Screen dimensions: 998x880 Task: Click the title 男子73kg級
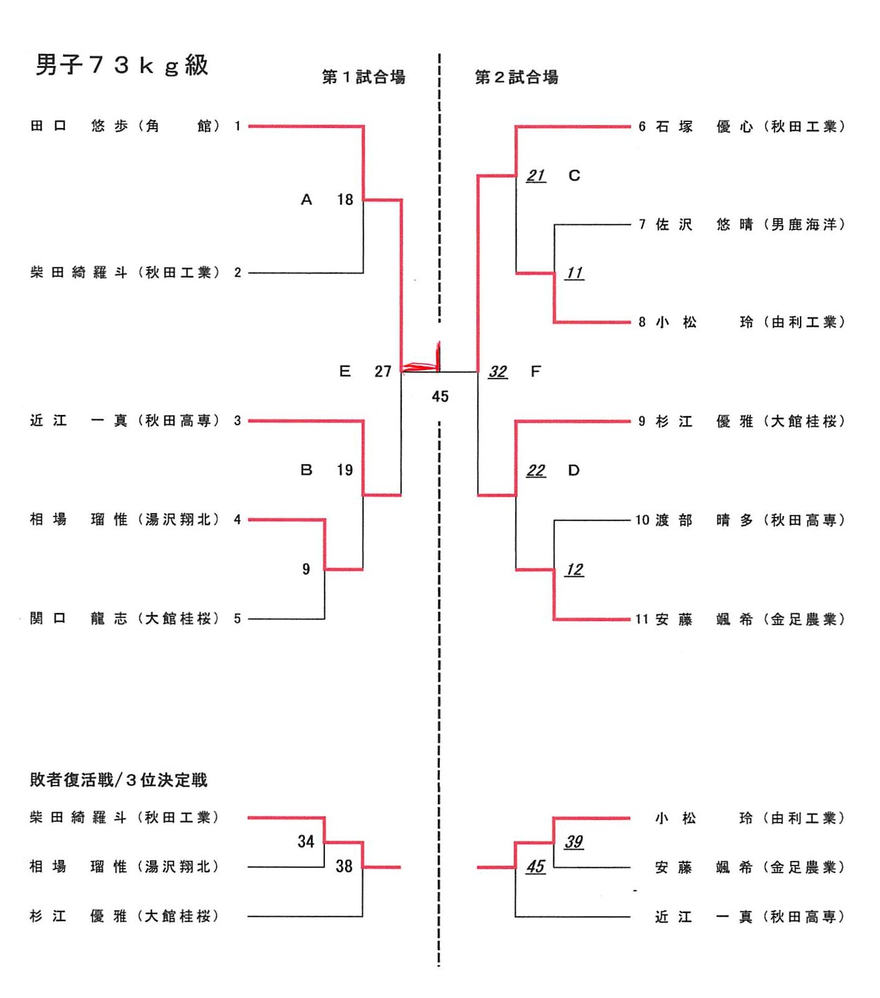pos(121,65)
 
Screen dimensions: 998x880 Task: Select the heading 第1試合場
pos(363,77)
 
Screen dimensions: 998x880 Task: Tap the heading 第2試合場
pos(516,77)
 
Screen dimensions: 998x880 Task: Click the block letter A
pos(306,199)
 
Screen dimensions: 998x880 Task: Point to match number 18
pos(345,199)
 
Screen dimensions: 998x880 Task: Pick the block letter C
pos(574,176)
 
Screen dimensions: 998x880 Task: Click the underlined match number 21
pos(536,176)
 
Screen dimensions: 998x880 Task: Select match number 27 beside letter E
pos(382,372)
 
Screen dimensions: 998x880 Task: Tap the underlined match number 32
pos(497,372)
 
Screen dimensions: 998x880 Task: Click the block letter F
pos(536,372)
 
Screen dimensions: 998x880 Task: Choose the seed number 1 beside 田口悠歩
pos(237,126)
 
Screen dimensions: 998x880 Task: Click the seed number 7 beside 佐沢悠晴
pos(642,224)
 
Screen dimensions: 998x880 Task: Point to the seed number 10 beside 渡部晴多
pos(642,520)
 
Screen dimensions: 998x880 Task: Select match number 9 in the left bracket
pos(306,569)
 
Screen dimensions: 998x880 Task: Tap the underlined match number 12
pos(574,569)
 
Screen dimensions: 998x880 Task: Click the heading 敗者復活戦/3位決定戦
pos(118,780)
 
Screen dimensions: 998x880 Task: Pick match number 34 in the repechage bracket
pos(306,842)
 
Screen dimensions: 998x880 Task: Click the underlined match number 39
pos(574,842)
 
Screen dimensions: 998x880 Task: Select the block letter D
pos(574,470)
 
